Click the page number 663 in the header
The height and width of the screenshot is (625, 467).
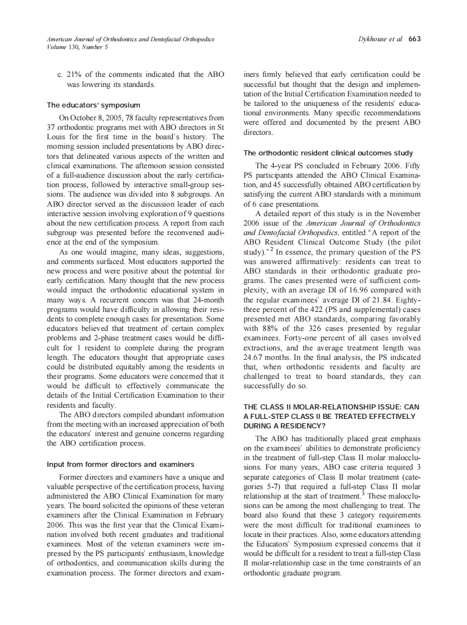coord(415,39)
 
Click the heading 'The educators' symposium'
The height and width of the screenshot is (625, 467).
coord(94,105)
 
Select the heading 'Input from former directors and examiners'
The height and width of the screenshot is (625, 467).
coord(120,464)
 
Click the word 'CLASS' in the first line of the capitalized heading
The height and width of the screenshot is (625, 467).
coord(273,407)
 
